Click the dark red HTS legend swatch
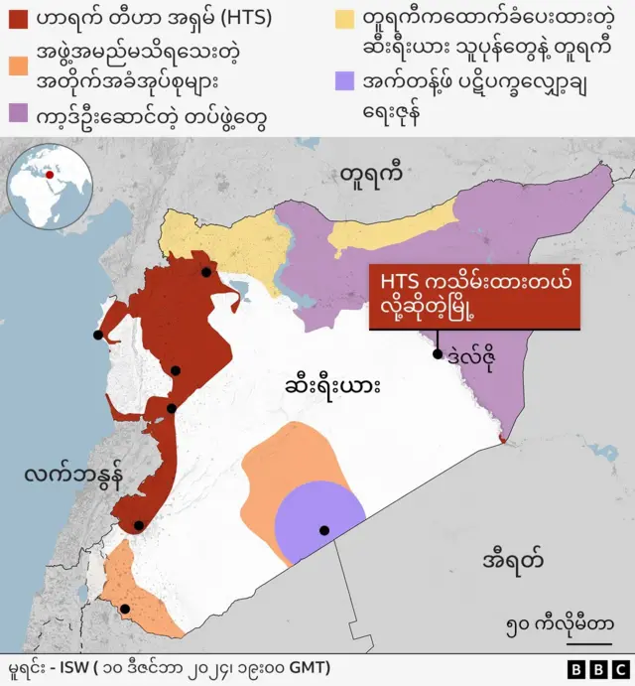pyautogui.click(x=19, y=19)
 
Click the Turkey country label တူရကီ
pyautogui.click(x=370, y=176)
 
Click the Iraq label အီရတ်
pyautogui.click(x=512, y=558)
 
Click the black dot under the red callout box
pyautogui.click(x=437, y=353)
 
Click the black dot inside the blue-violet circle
pyautogui.click(x=323, y=530)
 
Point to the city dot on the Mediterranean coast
pyautogui.click(x=97, y=336)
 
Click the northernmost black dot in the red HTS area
pyautogui.click(x=205, y=272)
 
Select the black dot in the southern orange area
pyautogui.click(x=125, y=610)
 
